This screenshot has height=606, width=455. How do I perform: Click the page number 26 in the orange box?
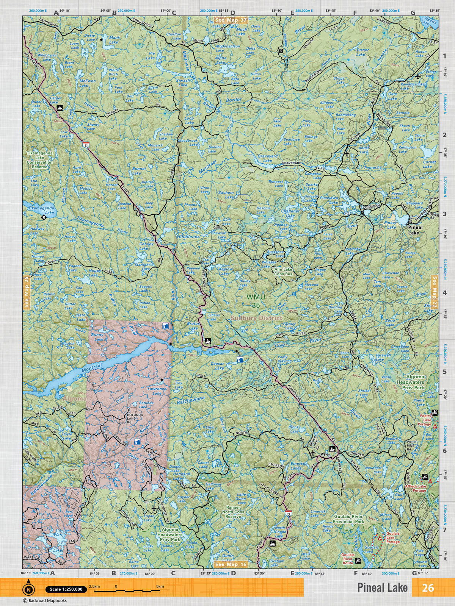[x=428, y=587]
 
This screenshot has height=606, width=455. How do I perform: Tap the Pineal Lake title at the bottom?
[x=382, y=587]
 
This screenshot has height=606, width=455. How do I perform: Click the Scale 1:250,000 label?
[x=63, y=589]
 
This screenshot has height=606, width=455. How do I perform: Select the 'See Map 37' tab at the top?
[x=231, y=20]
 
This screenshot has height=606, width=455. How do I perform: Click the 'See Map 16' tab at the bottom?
[x=231, y=564]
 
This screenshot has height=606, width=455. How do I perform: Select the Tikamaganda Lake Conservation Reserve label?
[x=39, y=160]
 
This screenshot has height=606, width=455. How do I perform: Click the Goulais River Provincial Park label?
[x=348, y=519]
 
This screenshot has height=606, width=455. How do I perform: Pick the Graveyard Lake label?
[x=268, y=158]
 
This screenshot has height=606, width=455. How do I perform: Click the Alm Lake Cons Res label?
[x=284, y=272]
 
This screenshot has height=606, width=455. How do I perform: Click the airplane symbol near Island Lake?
[x=347, y=154]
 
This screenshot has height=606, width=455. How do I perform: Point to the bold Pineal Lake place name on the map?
[x=413, y=230]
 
